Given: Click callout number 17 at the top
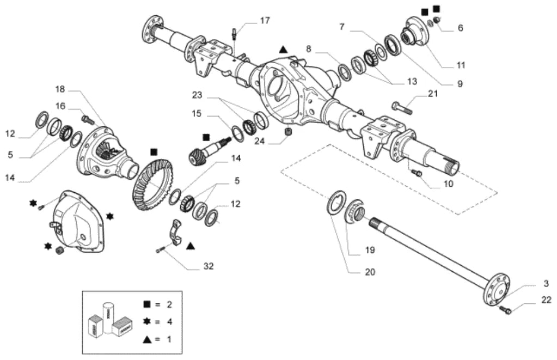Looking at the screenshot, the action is click(x=265, y=21).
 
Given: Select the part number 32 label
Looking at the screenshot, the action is click(x=209, y=266).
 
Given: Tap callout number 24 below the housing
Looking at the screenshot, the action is click(x=260, y=141).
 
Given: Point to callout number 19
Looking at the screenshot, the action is click(x=370, y=250).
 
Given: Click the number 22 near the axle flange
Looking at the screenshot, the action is click(x=546, y=300).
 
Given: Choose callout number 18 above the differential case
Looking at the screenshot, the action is click(x=60, y=89).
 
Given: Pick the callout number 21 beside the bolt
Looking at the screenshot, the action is click(x=433, y=94).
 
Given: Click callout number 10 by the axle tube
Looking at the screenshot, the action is click(x=448, y=184).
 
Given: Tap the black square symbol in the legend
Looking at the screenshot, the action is click(x=146, y=304).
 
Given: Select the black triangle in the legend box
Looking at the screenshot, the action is click(x=147, y=339).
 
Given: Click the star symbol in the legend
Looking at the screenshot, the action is click(x=146, y=322).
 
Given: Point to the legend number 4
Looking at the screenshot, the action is click(x=169, y=322).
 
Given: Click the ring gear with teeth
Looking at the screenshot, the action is click(x=153, y=185).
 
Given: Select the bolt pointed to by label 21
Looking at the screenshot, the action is click(x=402, y=107).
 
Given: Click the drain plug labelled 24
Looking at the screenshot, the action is click(x=289, y=131).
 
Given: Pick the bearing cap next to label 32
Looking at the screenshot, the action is click(x=175, y=233).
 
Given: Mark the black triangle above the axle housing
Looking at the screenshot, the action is click(x=283, y=50).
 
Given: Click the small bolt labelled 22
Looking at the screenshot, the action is click(x=505, y=309).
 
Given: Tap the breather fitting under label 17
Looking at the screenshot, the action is click(x=235, y=34).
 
